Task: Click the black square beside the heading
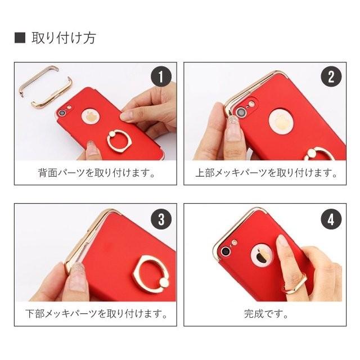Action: click(x=19, y=38)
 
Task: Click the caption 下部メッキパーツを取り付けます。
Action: click(x=96, y=313)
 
